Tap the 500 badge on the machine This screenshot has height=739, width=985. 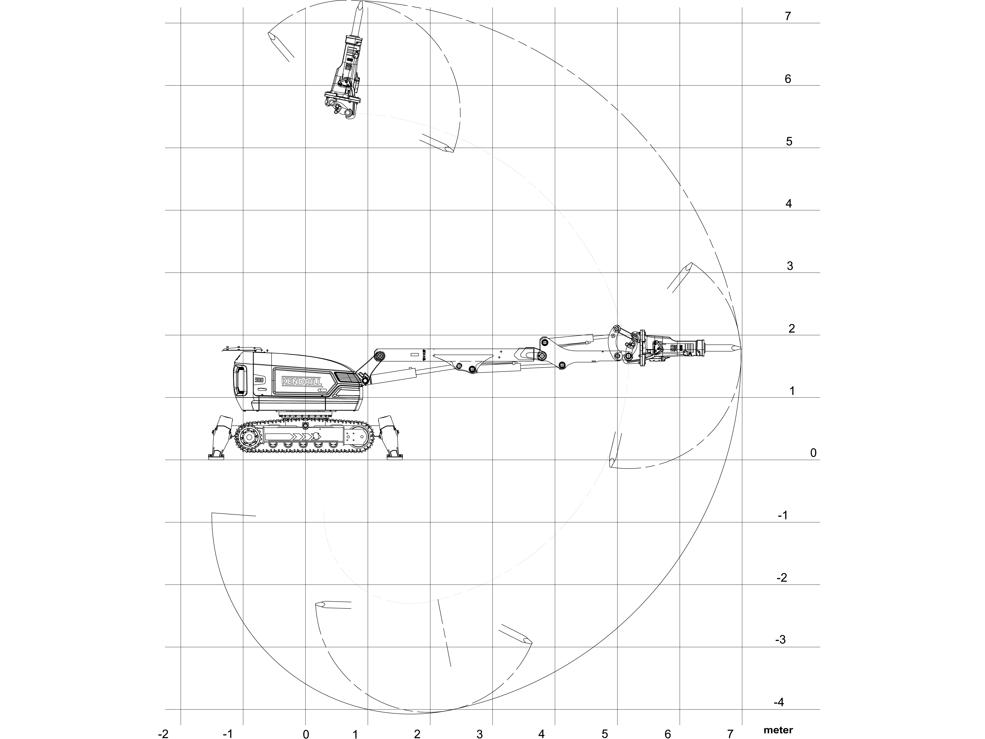coord(260,380)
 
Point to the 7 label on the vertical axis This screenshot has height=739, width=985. coord(788,16)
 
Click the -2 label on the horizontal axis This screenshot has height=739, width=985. coord(163,734)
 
